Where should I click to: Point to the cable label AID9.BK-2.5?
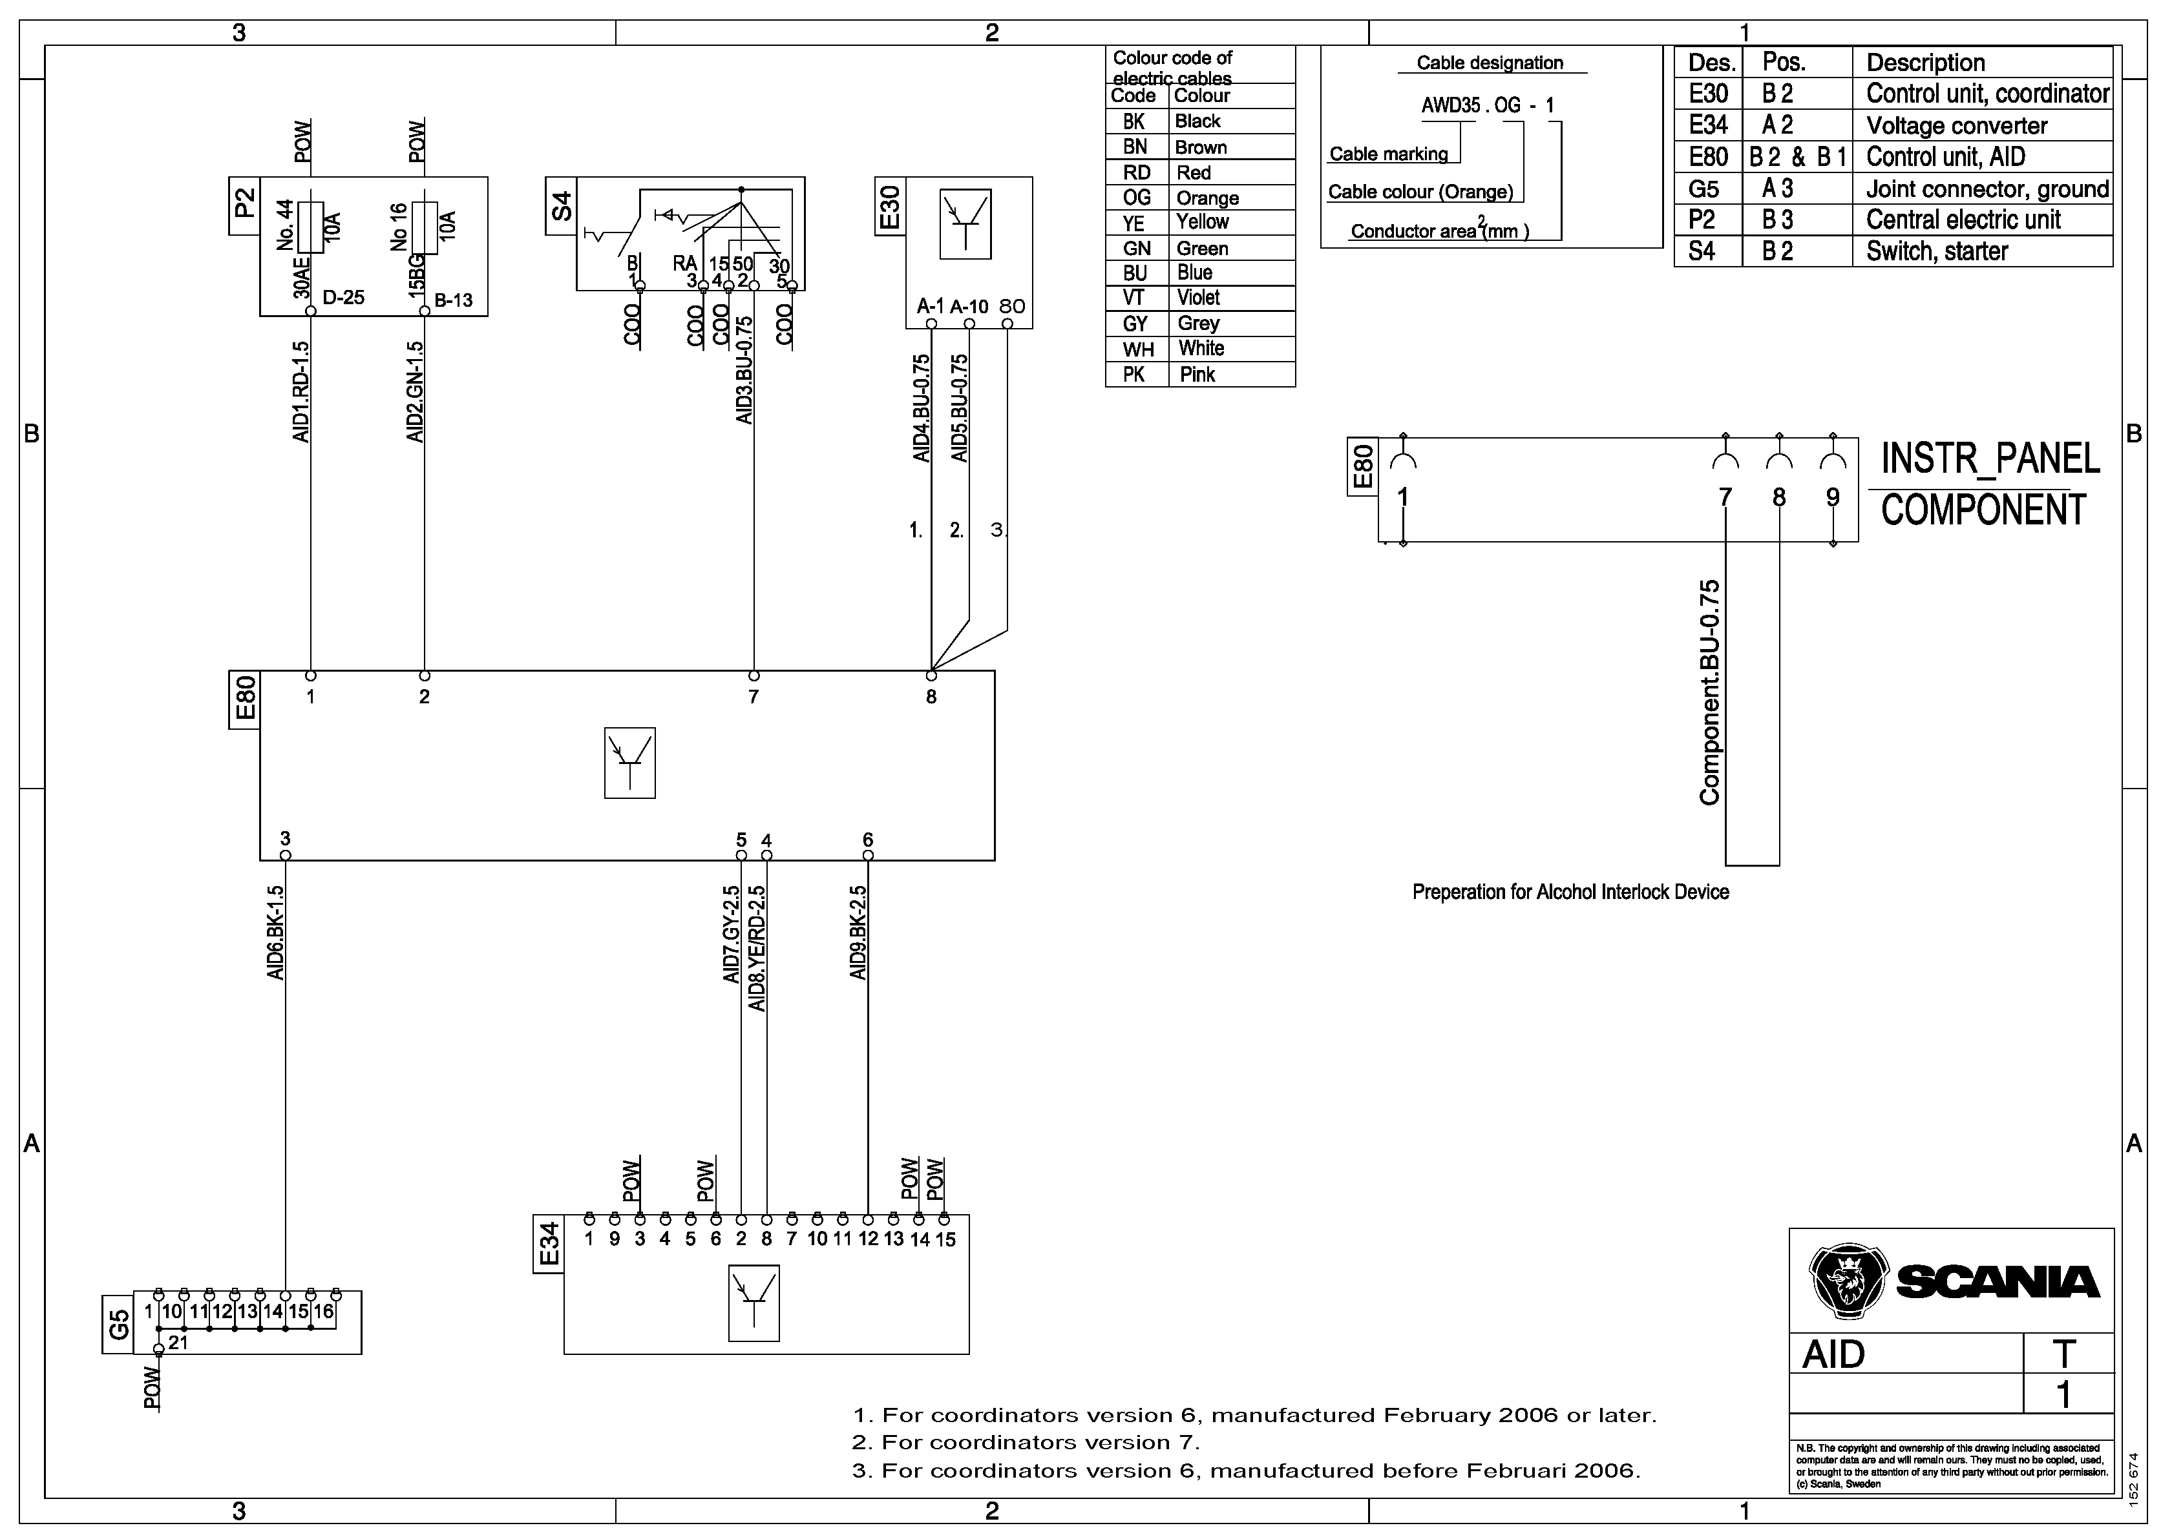[x=858, y=933]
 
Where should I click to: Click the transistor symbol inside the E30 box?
[x=965, y=225]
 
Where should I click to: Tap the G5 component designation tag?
[x=118, y=1322]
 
